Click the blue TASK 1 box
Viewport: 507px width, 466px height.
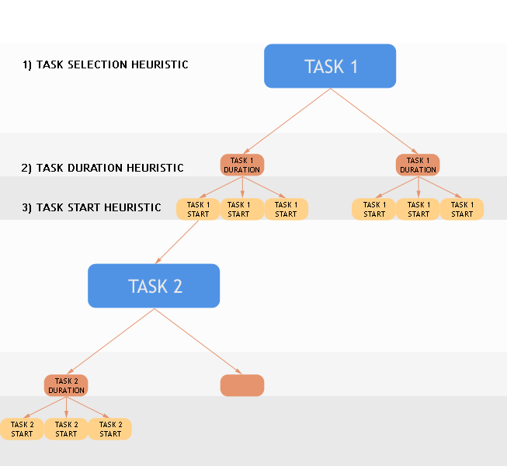click(x=330, y=66)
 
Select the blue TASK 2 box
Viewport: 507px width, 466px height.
click(x=154, y=286)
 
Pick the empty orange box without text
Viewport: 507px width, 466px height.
click(x=242, y=385)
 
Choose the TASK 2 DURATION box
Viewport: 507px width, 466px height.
click(x=66, y=385)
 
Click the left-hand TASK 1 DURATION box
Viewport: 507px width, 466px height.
click(x=242, y=165)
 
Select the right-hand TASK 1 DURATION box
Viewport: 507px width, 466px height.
click(x=418, y=165)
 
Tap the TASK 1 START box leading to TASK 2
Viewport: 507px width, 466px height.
click(x=198, y=209)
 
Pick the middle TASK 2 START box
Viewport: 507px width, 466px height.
click(x=66, y=429)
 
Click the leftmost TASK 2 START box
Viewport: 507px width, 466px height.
click(x=22, y=429)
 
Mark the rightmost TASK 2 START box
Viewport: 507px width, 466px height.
click(x=110, y=429)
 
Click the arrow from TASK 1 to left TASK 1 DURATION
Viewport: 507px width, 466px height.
click(x=287, y=120)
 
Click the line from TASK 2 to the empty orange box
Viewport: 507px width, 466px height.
click(x=198, y=342)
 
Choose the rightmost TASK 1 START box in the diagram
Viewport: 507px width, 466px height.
click(x=462, y=209)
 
